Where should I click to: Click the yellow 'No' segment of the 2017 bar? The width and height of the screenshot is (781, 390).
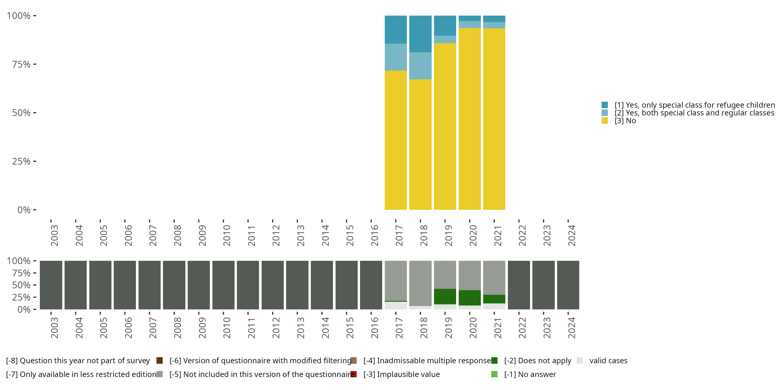(396, 140)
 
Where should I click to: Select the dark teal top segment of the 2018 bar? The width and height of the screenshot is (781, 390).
(420, 34)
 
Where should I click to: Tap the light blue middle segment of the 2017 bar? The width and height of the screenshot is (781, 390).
(396, 57)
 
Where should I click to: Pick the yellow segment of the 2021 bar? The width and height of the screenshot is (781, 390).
(494, 119)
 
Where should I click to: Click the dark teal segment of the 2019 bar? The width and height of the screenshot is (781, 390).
(445, 25)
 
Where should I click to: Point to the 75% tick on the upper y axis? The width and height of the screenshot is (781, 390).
(35, 64)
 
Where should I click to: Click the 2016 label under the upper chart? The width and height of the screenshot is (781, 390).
(374, 235)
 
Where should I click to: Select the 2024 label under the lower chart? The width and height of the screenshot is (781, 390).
(571, 328)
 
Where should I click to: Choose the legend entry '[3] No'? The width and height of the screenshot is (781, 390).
(625, 121)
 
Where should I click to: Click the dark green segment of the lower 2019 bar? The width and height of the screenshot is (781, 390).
(445, 296)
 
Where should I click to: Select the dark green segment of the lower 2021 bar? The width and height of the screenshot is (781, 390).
(494, 299)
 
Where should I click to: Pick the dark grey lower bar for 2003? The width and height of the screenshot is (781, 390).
(51, 285)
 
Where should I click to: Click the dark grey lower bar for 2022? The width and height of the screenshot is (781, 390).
(519, 285)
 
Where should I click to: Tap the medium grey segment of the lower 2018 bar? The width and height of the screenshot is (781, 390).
(420, 283)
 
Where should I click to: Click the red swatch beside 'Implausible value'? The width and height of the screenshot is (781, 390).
(354, 374)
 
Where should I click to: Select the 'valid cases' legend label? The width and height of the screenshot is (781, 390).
(608, 361)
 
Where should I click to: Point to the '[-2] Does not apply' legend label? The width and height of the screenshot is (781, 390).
(537, 361)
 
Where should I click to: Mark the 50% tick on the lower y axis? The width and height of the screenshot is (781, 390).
(35, 285)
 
